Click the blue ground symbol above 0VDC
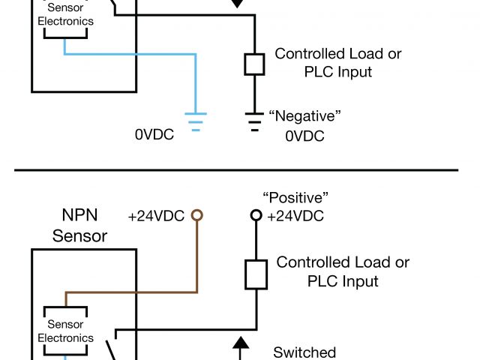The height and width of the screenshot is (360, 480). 196,121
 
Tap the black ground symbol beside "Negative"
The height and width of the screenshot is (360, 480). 255,119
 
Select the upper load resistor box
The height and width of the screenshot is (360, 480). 255,64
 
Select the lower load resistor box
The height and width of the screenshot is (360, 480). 256,274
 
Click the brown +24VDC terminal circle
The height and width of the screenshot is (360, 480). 197,215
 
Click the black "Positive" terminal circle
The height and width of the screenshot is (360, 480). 256,215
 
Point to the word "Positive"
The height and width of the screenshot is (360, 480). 296,198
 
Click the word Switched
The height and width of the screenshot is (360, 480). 304,352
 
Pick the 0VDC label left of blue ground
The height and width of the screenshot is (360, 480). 154,136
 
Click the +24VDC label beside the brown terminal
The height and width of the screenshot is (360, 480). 156,216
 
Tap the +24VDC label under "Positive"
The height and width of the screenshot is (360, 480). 295,216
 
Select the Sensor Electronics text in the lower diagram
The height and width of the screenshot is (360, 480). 65,331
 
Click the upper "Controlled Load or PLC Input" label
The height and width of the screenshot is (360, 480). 337,63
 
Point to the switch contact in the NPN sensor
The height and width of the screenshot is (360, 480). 109,347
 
